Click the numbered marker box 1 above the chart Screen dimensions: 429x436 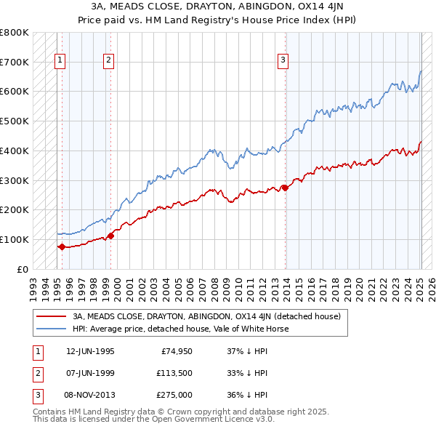(x=59, y=60)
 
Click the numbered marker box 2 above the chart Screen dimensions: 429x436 (x=108, y=60)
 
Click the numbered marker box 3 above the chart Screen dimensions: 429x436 (x=282, y=60)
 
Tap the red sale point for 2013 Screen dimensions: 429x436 (x=285, y=188)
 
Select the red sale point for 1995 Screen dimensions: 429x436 (x=62, y=246)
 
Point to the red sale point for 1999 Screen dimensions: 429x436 (x=110, y=236)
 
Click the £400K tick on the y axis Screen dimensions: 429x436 (x=15, y=151)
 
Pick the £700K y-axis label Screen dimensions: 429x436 (x=15, y=62)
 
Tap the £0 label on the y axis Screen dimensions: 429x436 (x=23, y=269)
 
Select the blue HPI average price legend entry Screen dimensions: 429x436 (x=180, y=329)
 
